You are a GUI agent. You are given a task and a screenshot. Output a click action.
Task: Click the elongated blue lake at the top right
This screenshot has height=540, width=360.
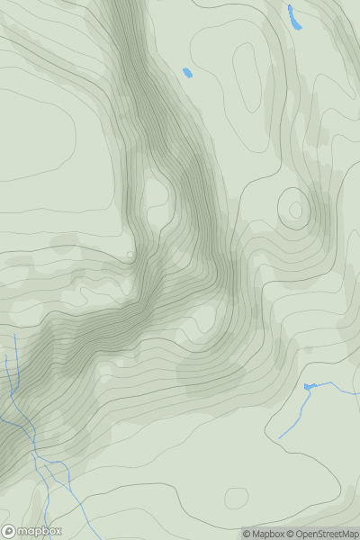pos(292,17)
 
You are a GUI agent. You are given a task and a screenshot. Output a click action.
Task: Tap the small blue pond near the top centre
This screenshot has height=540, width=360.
pos(187,72)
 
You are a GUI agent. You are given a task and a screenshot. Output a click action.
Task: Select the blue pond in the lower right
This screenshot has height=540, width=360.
pos(310,387)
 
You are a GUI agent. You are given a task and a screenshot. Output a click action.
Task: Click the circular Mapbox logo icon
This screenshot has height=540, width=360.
pos(9,531)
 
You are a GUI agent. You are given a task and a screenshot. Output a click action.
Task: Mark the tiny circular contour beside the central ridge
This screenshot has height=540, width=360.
pos(130,255)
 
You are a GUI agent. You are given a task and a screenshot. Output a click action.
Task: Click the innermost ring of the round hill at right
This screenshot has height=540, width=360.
pos(293,211)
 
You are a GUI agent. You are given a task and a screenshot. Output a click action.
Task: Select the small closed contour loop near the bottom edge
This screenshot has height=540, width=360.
pos(236,497)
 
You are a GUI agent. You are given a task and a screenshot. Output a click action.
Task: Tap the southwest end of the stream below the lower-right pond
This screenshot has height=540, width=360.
pos(279,438)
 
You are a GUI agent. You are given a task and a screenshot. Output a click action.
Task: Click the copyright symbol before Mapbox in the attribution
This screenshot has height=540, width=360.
pos(247,534)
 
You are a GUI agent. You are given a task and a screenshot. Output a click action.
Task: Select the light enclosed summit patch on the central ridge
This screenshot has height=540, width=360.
pos(154,193)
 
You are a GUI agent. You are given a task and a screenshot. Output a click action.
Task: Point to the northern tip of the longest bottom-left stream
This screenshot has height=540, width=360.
pos(15,335)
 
